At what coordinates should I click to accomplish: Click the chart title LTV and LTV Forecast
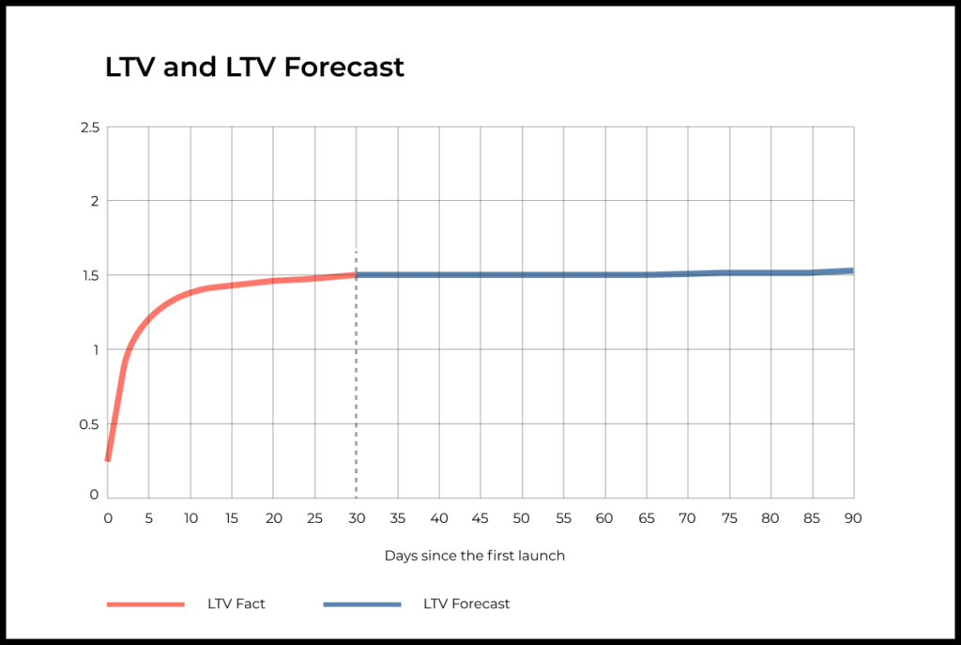pos(254,68)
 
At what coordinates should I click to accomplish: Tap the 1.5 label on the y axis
pos(89,275)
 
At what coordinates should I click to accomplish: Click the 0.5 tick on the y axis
pos(88,424)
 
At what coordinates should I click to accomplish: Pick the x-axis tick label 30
pos(356,518)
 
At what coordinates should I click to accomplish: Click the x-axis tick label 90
pos(853,518)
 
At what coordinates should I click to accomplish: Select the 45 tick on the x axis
pos(480,518)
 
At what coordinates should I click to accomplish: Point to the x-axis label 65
pos(646,518)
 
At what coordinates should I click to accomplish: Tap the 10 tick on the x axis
pos(191,518)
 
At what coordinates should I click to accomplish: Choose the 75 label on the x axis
pos(729,518)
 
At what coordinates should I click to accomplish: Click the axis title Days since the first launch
pos(475,556)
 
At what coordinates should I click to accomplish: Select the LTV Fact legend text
pos(236,604)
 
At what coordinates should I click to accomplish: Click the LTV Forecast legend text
pos(466,604)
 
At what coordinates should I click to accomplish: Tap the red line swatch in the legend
pos(145,604)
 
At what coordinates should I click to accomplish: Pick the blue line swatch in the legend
pos(362,604)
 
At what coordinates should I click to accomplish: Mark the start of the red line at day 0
pos(108,459)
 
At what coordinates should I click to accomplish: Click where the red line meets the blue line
pos(356,275)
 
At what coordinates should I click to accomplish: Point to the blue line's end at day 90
pos(852,270)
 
